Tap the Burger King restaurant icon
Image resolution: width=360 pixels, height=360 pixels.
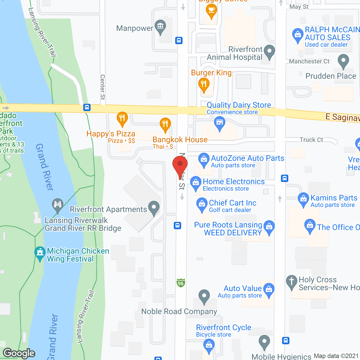[x=204, y=84]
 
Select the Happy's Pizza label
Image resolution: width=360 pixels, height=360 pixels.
[x=111, y=134]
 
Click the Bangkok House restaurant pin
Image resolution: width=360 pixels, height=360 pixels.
[x=165, y=124]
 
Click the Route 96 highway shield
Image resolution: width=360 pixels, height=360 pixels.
[x=181, y=283]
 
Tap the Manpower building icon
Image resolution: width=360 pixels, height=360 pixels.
[x=160, y=27]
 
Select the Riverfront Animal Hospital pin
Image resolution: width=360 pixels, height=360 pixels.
[x=269, y=52]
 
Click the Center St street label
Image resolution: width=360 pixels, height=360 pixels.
[x=103, y=87]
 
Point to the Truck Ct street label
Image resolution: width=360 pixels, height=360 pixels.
[x=311, y=140]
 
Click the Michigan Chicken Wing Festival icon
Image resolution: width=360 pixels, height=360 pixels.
[x=40, y=253]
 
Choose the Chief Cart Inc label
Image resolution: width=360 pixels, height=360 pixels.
[x=233, y=203]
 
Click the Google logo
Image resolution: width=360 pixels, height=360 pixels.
[x=19, y=353]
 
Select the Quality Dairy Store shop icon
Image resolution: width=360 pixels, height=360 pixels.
[x=220, y=123]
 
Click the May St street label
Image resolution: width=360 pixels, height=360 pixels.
[x=299, y=7]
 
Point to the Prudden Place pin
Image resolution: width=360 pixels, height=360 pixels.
[x=343, y=61]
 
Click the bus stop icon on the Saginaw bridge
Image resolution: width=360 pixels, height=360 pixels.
[x=87, y=107]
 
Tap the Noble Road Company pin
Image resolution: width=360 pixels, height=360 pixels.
[x=204, y=296]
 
